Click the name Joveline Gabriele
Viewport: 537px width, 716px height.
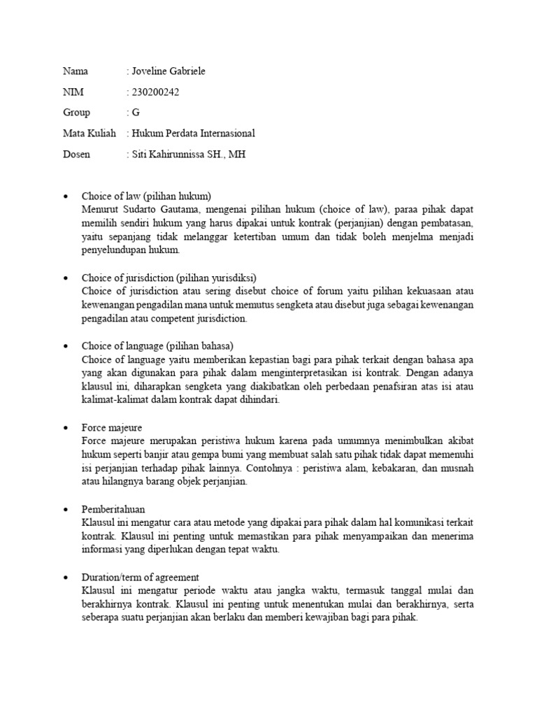(x=169, y=71)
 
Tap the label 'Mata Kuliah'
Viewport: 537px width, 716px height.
(x=89, y=133)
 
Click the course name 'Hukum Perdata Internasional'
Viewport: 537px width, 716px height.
(x=194, y=133)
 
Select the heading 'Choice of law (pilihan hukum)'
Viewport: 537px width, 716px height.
(x=146, y=196)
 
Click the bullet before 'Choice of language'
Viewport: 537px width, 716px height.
(x=65, y=346)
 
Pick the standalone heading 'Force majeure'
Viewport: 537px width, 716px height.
(x=112, y=427)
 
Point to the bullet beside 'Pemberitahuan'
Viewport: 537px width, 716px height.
(x=65, y=510)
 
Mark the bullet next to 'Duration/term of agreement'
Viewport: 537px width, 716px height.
(x=65, y=578)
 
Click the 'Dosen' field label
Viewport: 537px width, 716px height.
(x=76, y=154)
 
